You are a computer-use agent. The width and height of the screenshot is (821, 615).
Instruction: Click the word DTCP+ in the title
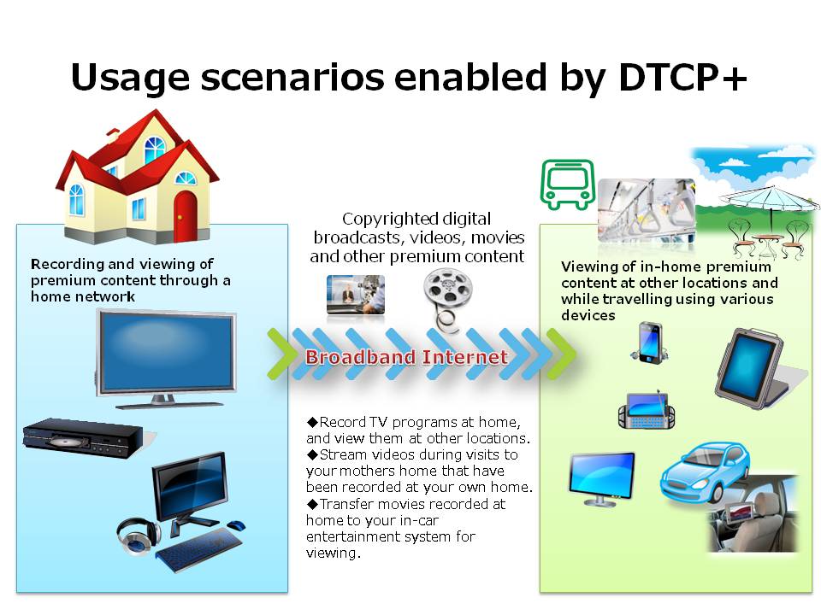point(682,78)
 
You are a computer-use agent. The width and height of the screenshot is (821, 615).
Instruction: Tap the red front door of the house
point(185,216)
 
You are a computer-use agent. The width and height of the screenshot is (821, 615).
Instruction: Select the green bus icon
point(568,184)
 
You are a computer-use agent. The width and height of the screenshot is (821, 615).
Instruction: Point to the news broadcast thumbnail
point(356,295)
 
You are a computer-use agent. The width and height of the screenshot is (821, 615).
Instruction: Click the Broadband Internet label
point(407,357)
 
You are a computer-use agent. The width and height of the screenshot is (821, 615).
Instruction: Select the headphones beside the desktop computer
point(138,536)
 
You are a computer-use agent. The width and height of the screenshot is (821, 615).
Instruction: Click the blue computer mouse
point(236,525)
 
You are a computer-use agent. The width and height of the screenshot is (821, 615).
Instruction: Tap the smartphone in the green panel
point(649,343)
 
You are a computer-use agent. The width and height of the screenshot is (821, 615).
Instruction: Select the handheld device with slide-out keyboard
point(647,410)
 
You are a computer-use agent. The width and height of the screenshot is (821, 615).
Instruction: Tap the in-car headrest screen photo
point(753,513)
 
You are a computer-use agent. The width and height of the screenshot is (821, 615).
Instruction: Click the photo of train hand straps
point(647,211)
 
